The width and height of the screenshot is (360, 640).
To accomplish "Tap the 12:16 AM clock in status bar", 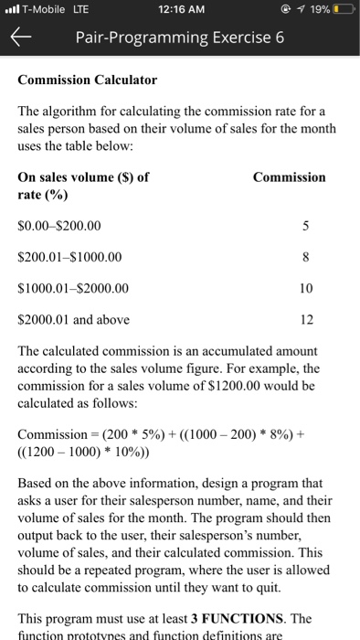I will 179,10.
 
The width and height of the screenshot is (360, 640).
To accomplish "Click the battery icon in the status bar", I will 344,10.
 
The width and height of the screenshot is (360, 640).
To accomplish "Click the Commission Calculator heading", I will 88,80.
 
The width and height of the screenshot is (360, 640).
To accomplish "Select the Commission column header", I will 289,177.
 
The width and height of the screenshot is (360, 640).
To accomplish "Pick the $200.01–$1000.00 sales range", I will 69,257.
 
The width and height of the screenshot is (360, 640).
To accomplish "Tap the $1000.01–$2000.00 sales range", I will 74,288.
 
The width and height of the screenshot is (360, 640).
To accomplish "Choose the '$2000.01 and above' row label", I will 74,319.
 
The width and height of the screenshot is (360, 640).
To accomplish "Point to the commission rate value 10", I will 306,288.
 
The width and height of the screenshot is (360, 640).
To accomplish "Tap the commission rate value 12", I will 306,319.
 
